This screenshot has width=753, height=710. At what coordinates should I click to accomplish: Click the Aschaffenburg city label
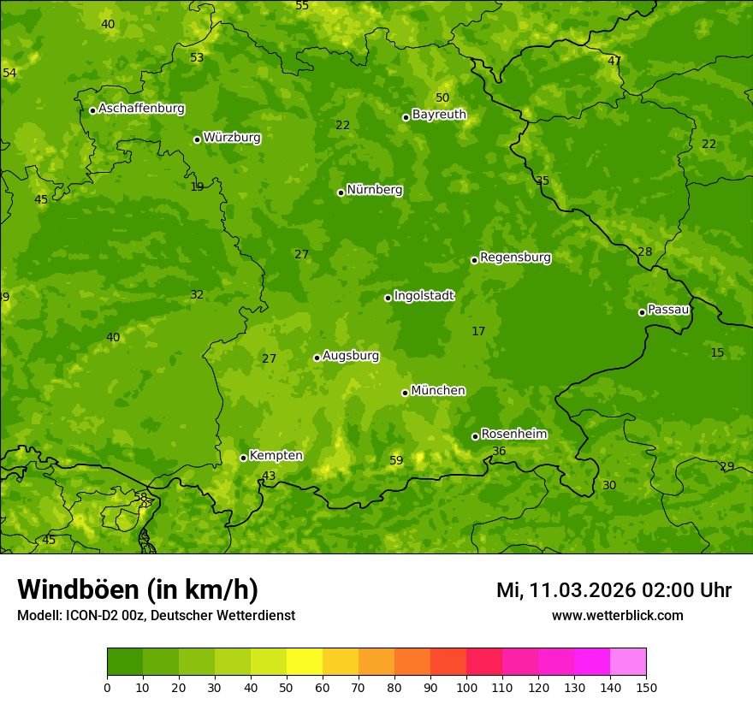point(141,109)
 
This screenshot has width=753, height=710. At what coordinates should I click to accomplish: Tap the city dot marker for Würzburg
point(197,139)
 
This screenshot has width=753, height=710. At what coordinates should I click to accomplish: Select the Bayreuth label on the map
point(439,115)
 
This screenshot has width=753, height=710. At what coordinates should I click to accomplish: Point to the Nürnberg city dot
point(341,192)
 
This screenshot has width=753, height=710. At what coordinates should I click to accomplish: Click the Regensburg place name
point(515,257)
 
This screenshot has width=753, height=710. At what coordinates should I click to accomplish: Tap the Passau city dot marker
point(642,312)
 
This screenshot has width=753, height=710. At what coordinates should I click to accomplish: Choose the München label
point(438,391)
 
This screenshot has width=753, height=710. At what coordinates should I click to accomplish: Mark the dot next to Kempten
point(243,458)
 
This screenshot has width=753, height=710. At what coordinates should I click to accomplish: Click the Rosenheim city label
point(513,435)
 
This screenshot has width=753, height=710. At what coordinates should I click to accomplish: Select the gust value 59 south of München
point(396,461)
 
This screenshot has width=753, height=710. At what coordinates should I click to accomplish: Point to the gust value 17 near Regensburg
point(478,331)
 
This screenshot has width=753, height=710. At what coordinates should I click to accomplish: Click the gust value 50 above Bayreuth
point(442,98)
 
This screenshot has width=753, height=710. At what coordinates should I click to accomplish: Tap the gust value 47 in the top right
point(614,61)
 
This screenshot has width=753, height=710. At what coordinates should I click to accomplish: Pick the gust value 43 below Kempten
point(269,476)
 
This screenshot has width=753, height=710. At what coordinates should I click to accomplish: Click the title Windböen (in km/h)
point(138,589)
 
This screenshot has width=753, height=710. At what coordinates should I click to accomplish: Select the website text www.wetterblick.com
point(617,616)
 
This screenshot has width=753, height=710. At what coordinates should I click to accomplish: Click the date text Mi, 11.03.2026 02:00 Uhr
point(614,590)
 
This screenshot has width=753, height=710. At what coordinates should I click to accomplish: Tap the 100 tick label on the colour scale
point(466,687)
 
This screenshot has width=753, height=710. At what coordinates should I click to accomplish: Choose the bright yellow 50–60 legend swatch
point(305,662)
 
